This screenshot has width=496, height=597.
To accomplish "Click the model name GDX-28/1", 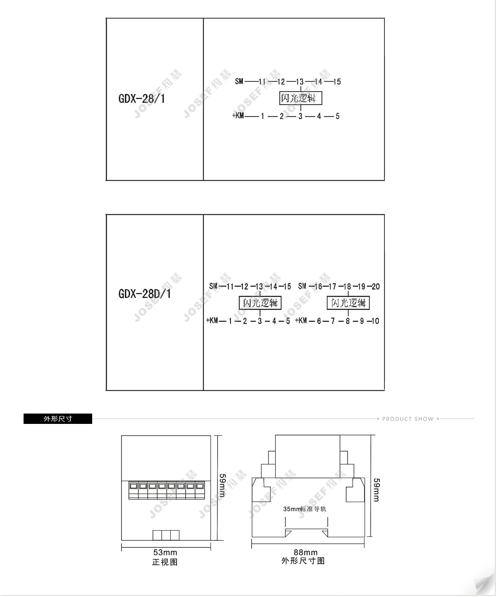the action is coord(142,99).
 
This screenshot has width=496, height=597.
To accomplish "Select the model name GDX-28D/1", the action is coord(144,294).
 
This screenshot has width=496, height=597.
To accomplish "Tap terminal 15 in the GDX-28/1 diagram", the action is coord(337,82).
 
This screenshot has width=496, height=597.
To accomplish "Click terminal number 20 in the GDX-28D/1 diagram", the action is coord(376,286).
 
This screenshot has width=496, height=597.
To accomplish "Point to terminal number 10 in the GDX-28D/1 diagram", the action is coord(375,321).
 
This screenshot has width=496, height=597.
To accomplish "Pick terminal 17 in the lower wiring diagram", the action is coord(332,286).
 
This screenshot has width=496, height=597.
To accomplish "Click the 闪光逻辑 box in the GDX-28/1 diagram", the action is coord(300,98).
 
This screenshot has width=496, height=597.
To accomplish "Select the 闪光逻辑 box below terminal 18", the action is coord(348,303).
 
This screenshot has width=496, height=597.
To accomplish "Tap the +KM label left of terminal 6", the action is coord(301,321).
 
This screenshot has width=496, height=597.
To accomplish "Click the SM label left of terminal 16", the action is coord(302,286).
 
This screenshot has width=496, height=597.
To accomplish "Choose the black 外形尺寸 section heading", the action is coord(58,419).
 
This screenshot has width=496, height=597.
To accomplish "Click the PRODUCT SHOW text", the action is coord(408,419).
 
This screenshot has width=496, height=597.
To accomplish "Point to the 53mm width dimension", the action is coord(165,552).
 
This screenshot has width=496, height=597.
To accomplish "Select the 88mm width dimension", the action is coord(306,552).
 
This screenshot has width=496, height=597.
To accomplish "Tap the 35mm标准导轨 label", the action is coord(305,509).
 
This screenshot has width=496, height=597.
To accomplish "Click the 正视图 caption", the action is coord(165,562).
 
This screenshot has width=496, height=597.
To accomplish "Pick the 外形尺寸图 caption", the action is coord(303,561).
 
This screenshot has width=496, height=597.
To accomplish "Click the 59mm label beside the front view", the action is coord(222,485).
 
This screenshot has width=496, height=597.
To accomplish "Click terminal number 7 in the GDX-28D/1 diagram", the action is coord(333,321).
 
